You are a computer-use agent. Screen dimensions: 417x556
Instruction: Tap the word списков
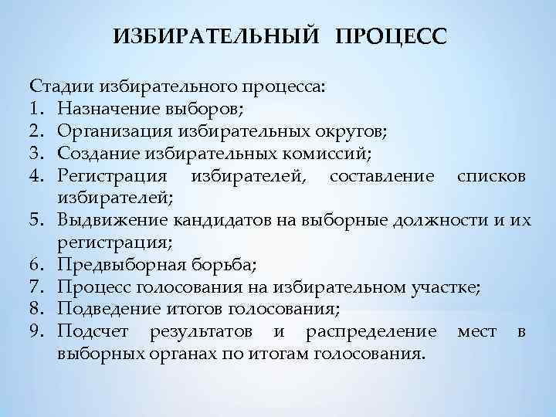click(x=492, y=176)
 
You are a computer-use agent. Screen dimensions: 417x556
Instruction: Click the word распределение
click(x=371, y=333)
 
